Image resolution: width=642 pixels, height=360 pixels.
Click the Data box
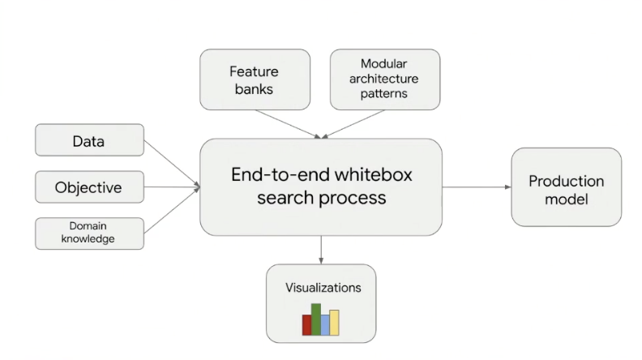click(x=89, y=140)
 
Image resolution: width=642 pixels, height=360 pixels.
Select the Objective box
click(x=89, y=187)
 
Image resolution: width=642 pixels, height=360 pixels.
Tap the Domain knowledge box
click(x=89, y=234)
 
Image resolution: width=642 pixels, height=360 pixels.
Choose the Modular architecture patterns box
click(x=385, y=79)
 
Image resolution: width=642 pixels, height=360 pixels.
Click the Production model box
click(x=566, y=187)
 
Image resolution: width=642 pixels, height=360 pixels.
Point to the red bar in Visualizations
click(x=307, y=324)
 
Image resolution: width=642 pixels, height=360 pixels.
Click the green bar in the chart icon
click(x=316, y=319)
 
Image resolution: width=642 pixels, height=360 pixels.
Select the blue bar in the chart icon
click(x=325, y=324)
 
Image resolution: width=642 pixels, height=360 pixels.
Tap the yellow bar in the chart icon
click(x=334, y=322)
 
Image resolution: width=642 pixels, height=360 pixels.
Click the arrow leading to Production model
click(x=477, y=187)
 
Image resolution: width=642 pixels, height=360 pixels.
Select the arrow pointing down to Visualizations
click(x=322, y=249)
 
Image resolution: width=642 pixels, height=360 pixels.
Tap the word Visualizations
click(x=323, y=288)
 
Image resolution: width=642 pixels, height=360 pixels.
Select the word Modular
click(x=385, y=63)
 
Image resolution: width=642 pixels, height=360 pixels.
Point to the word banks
click(x=255, y=89)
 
